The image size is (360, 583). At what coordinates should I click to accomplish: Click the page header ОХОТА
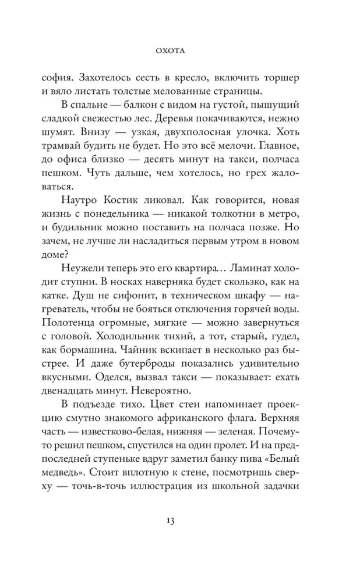(x=179, y=51)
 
